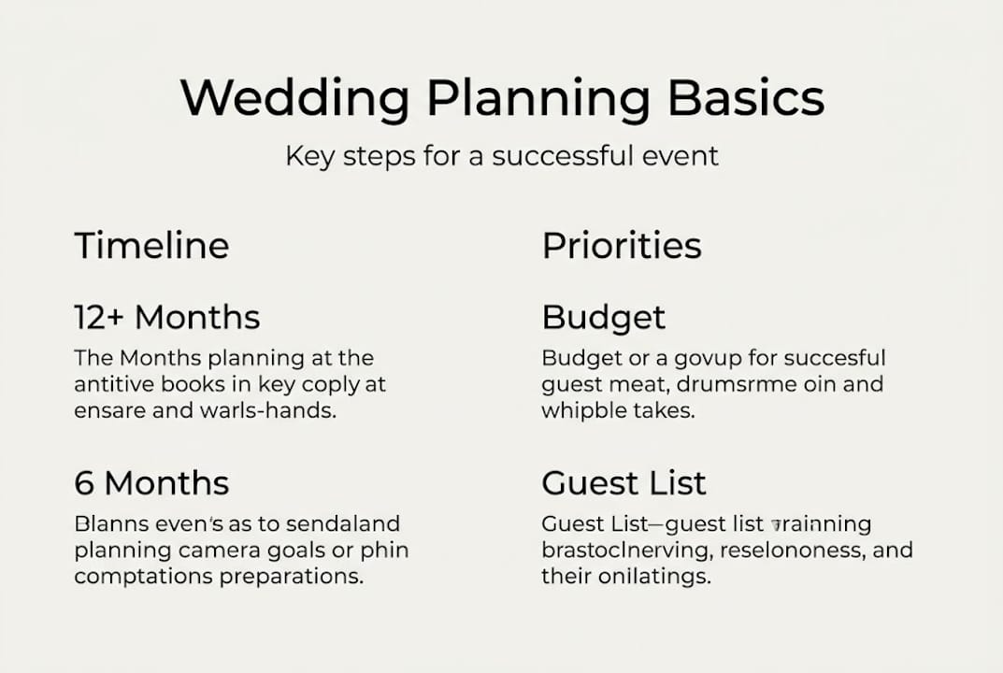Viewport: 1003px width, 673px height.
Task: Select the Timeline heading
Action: (x=151, y=246)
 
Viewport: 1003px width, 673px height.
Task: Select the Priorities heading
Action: (x=622, y=246)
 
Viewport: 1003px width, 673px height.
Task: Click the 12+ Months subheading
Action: (x=166, y=318)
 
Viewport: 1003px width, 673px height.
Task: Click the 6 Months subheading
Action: (x=151, y=483)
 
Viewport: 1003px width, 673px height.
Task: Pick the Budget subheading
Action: (x=603, y=318)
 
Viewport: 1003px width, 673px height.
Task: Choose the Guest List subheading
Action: (x=623, y=483)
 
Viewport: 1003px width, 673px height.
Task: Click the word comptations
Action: (x=143, y=576)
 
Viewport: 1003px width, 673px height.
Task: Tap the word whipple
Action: (x=581, y=410)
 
